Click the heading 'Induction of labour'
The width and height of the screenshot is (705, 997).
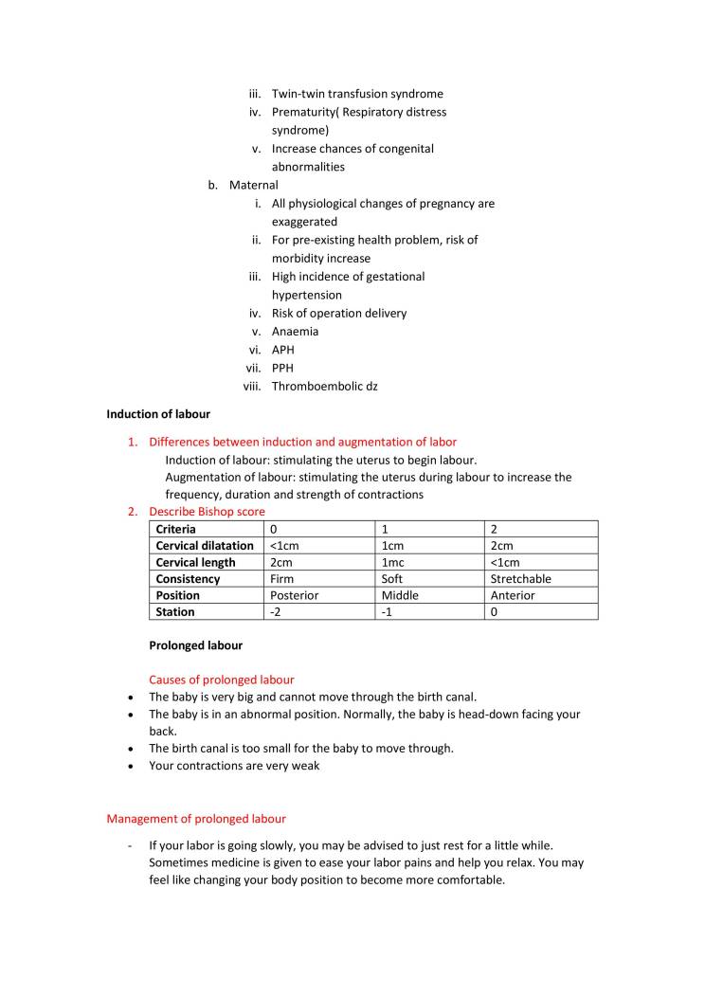point(158,414)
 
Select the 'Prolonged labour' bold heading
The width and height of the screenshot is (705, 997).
point(195,645)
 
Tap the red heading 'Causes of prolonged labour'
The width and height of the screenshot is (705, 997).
point(221,680)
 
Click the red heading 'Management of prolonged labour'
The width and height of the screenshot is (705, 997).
point(196,818)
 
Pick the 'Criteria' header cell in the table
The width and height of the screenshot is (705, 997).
point(176,529)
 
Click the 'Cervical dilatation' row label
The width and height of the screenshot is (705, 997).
point(205,546)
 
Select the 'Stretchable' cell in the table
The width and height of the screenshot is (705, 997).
point(520,579)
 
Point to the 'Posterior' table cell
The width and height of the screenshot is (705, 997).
point(294,595)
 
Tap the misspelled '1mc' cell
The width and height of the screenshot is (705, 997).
point(393,562)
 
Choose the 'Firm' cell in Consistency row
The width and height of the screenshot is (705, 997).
point(281,579)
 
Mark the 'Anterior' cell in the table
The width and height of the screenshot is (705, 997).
point(513,595)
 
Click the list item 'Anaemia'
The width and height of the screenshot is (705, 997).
point(295,332)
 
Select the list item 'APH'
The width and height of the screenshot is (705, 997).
point(282,350)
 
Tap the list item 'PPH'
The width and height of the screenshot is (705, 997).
point(282,368)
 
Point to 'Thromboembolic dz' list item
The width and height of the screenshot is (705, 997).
point(324,386)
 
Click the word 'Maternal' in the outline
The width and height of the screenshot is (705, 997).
point(253,185)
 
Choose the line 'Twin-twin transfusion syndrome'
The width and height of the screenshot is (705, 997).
point(357,94)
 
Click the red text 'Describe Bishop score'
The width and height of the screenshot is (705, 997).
point(207,512)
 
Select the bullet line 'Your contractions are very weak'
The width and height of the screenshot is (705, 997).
point(234,766)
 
